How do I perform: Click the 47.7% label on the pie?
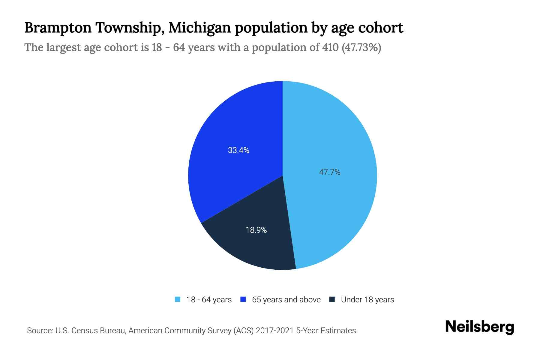(x=329, y=172)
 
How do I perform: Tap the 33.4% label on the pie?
(x=238, y=150)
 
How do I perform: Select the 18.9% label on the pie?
(x=256, y=230)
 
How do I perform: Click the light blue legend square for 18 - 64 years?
(x=178, y=299)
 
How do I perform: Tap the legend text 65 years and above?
(x=286, y=300)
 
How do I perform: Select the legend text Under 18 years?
(x=367, y=300)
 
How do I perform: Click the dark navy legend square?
(x=332, y=299)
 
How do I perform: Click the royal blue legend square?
(x=243, y=299)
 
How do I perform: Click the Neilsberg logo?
(x=479, y=327)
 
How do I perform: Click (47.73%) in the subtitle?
(x=361, y=47)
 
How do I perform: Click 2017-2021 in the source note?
(x=275, y=331)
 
